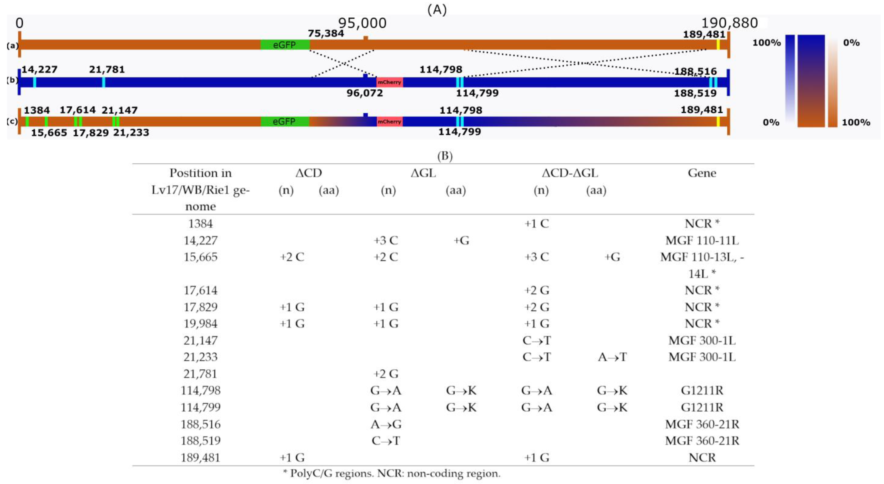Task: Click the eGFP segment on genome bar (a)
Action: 285,45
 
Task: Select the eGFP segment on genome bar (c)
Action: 285,122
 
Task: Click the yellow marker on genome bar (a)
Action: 718,45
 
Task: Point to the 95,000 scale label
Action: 362,23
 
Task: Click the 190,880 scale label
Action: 729,23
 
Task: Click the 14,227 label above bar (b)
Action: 39,70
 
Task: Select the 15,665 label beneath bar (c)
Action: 49,133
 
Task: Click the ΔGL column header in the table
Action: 423,173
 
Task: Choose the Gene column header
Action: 702,173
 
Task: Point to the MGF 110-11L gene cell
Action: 702,241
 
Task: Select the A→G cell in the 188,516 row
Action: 386,424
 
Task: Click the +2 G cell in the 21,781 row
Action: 386,374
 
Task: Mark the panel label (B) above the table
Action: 445,156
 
